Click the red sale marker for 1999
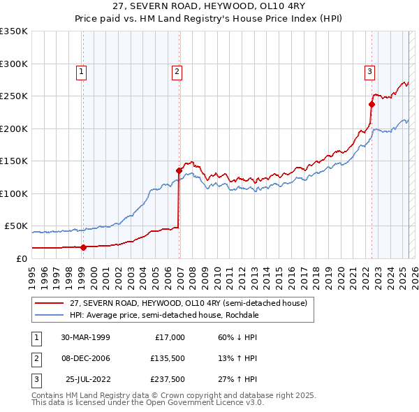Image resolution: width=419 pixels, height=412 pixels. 83,247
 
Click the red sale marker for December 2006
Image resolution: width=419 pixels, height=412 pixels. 179,170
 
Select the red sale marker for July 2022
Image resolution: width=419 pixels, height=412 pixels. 372,105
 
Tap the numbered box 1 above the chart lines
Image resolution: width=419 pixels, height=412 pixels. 82,71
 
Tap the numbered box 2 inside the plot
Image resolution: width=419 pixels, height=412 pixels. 177,71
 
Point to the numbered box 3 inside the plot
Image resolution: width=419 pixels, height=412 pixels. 369,71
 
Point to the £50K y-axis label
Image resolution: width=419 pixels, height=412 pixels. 17,226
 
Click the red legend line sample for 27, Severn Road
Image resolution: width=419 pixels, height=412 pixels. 49,303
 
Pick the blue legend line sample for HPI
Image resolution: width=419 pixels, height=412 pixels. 49,315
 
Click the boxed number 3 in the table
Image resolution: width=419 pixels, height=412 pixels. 35,379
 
